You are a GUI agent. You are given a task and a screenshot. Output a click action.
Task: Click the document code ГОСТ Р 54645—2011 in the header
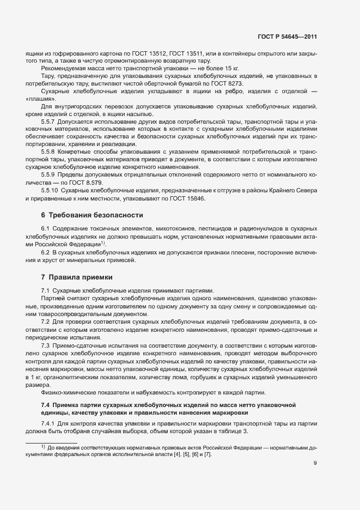point(287,37)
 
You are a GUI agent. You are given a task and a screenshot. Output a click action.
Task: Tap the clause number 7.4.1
point(49,423)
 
